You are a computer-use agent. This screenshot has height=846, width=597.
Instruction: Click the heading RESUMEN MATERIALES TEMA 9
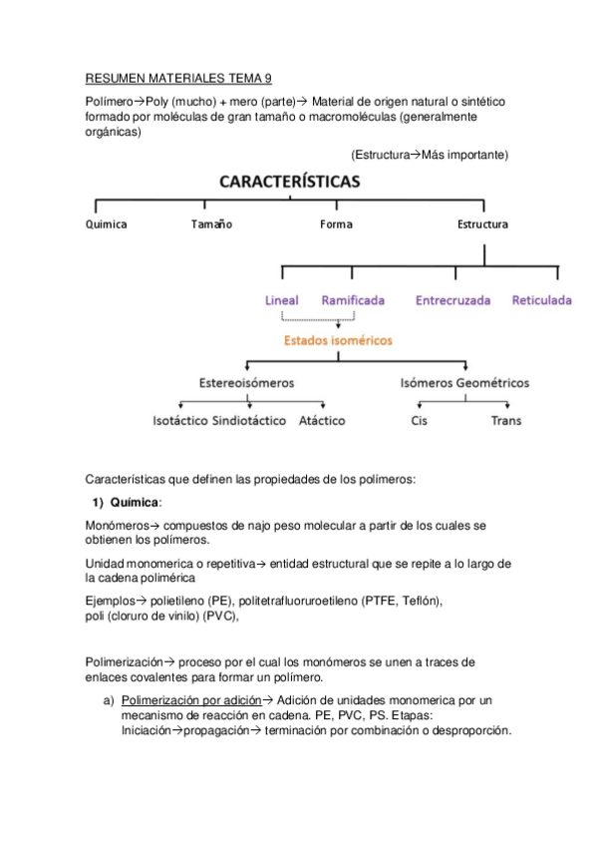click(179, 78)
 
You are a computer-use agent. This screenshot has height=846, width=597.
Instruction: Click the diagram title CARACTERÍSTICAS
click(290, 182)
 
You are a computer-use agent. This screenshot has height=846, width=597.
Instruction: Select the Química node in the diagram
click(106, 224)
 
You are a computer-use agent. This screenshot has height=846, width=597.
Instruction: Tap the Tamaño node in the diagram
click(211, 224)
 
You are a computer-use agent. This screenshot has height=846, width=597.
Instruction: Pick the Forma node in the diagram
click(336, 224)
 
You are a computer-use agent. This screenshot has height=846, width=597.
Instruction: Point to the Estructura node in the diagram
click(482, 224)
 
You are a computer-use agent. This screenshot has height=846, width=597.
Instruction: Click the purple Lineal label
click(282, 300)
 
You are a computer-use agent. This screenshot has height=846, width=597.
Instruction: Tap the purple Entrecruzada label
click(452, 300)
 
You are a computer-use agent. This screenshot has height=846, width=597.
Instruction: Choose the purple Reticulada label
click(542, 300)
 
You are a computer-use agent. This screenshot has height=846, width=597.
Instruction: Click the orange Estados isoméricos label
click(338, 340)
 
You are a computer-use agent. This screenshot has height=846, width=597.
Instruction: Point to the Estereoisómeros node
click(246, 383)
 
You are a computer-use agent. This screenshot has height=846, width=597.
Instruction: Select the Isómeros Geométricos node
click(464, 383)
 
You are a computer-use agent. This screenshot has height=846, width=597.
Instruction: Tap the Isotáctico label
click(178, 421)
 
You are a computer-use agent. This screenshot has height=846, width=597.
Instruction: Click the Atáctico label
click(322, 421)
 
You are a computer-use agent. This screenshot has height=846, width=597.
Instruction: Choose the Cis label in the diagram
click(420, 421)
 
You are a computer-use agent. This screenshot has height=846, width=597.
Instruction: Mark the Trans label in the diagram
click(505, 421)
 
